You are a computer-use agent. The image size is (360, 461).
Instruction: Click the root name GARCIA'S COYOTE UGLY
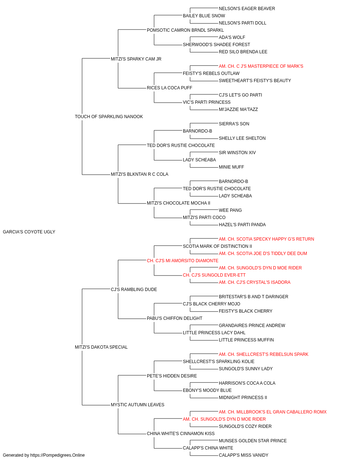pyautogui.click(x=29, y=232)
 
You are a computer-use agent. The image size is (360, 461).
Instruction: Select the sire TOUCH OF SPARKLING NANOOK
pyautogui.click(x=109, y=117)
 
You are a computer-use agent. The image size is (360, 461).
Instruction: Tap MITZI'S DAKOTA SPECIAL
pyautogui.click(x=101, y=347)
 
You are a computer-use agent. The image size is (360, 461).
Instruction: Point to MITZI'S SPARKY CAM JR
pyautogui.click(x=136, y=59)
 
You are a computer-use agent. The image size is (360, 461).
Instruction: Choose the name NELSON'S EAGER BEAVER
pyautogui.click(x=247, y=9)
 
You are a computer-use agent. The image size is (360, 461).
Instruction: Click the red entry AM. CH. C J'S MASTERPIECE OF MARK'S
pyautogui.click(x=261, y=66)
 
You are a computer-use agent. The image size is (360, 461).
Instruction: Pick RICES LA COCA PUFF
pyautogui.click(x=170, y=88)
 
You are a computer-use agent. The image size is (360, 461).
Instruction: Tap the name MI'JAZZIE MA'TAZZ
pyautogui.click(x=238, y=109)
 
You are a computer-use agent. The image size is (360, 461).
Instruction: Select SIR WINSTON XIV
pyautogui.click(x=237, y=153)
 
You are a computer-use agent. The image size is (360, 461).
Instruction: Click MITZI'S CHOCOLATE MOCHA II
pyautogui.click(x=179, y=203)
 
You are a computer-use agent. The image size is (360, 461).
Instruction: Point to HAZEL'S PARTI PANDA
pyautogui.click(x=242, y=225)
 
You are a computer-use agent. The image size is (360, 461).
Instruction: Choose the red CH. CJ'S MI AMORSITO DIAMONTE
pyautogui.click(x=183, y=261)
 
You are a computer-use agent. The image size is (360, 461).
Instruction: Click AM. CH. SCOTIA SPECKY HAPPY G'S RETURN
pyautogui.click(x=266, y=239)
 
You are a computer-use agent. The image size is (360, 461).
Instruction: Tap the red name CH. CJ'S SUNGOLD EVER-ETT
pyautogui.click(x=214, y=275)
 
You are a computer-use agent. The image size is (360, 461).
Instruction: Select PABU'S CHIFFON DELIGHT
pyautogui.click(x=175, y=318)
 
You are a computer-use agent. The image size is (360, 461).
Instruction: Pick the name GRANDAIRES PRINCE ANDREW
pyautogui.click(x=252, y=326)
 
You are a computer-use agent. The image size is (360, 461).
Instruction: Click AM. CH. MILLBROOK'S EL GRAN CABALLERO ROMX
pyautogui.click(x=273, y=412)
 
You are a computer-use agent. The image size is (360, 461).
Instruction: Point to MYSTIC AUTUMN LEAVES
pyautogui.click(x=138, y=405)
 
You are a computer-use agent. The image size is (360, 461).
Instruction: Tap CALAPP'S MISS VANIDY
pyautogui.click(x=244, y=455)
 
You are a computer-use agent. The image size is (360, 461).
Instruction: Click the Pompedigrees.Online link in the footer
pyautogui.click(x=58, y=455)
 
